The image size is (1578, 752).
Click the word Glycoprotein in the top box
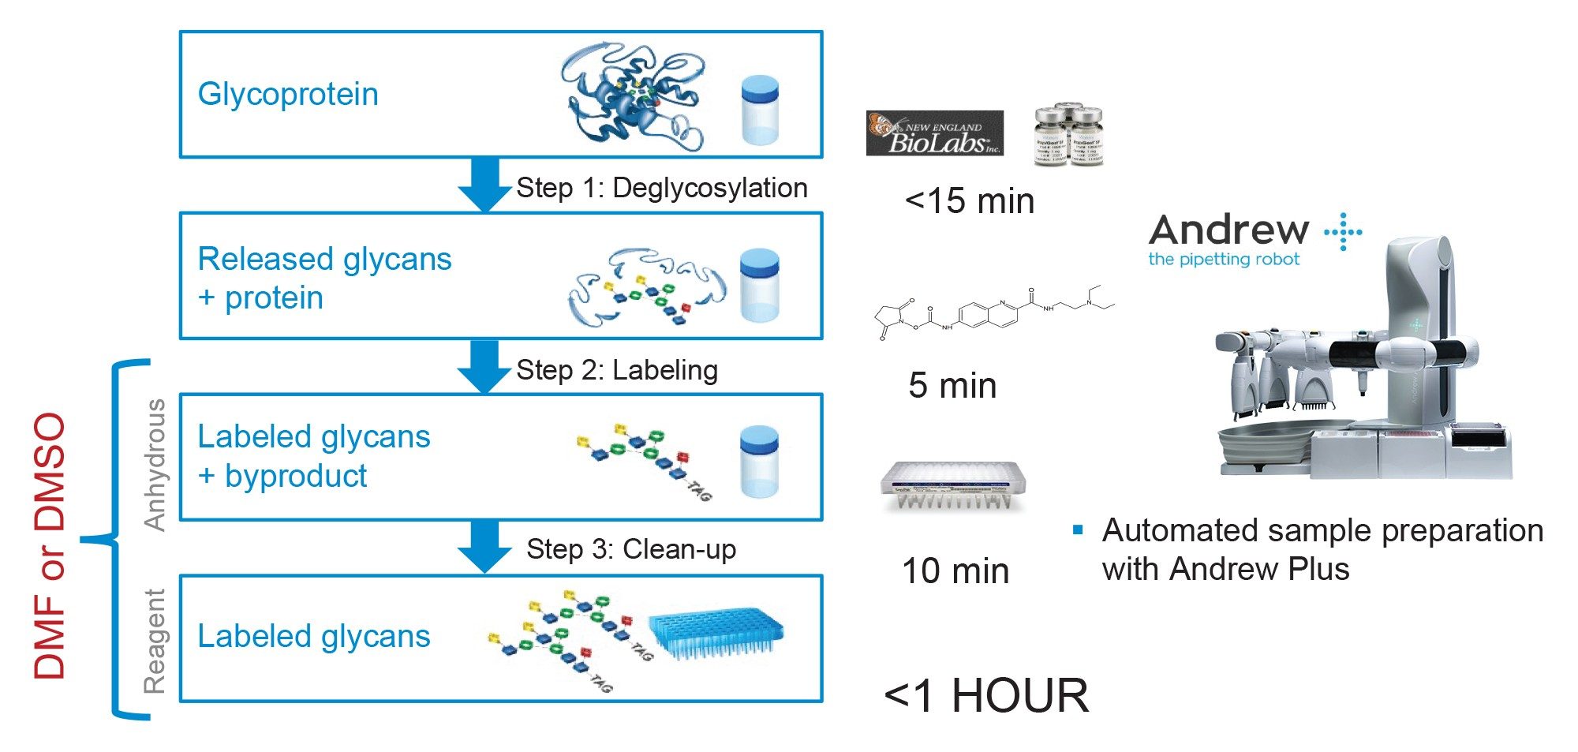click(288, 95)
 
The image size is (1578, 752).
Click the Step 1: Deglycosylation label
click(661, 188)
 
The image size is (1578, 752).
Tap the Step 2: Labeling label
click(616, 370)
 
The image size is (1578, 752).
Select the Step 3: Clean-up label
click(630, 548)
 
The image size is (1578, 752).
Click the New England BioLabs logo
click(934, 133)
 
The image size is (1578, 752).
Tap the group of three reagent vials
click(1068, 134)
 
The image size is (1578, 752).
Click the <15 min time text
click(969, 201)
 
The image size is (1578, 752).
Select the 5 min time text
click(952, 386)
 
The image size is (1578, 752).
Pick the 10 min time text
click(955, 571)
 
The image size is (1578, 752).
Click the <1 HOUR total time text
click(986, 696)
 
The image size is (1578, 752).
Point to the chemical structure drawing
click(994, 312)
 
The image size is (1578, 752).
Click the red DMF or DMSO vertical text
click(50, 544)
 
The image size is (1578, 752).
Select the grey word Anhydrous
click(155, 465)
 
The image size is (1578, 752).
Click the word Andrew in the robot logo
click(1228, 230)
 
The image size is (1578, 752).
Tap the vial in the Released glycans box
click(759, 285)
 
